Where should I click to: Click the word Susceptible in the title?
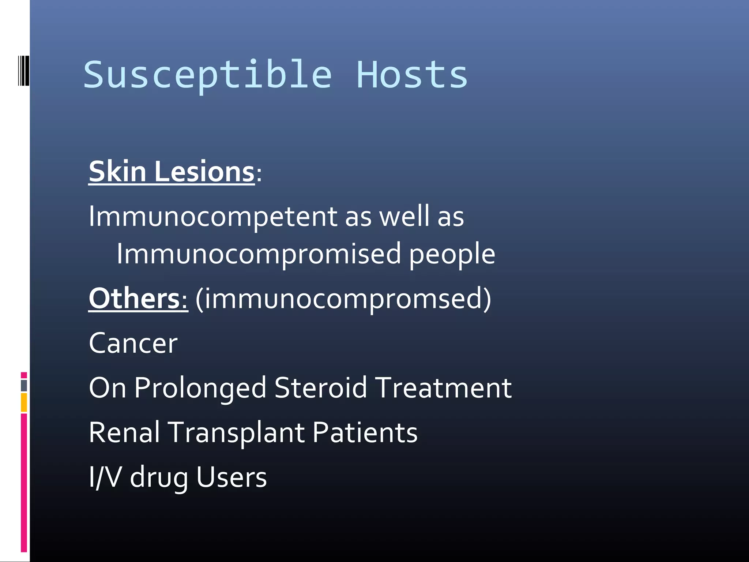point(208,75)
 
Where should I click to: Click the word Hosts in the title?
point(412,75)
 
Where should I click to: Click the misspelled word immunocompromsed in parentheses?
point(343,299)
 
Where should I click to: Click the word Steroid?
point(320,387)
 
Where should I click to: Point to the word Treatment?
point(444,387)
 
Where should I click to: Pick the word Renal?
point(124,432)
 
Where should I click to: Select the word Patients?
point(365,432)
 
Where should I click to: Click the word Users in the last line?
point(232,477)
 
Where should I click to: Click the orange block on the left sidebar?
point(24,402)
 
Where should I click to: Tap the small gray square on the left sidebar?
point(24,385)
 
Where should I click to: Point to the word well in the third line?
point(404,216)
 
